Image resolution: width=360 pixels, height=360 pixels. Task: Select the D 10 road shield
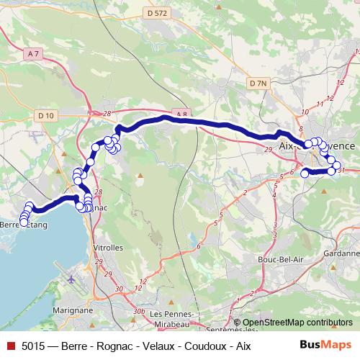[x=47, y=115]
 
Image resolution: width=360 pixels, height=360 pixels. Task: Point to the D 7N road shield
[x=258, y=84]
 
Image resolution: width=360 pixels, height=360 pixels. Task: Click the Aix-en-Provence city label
[x=316, y=146]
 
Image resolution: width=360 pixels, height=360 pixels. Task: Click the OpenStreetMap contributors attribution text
[x=297, y=323]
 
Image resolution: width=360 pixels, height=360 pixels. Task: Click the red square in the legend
[x=11, y=346]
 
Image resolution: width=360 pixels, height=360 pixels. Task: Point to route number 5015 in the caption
[x=34, y=346]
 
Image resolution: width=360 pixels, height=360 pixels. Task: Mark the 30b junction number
[x=138, y=311]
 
